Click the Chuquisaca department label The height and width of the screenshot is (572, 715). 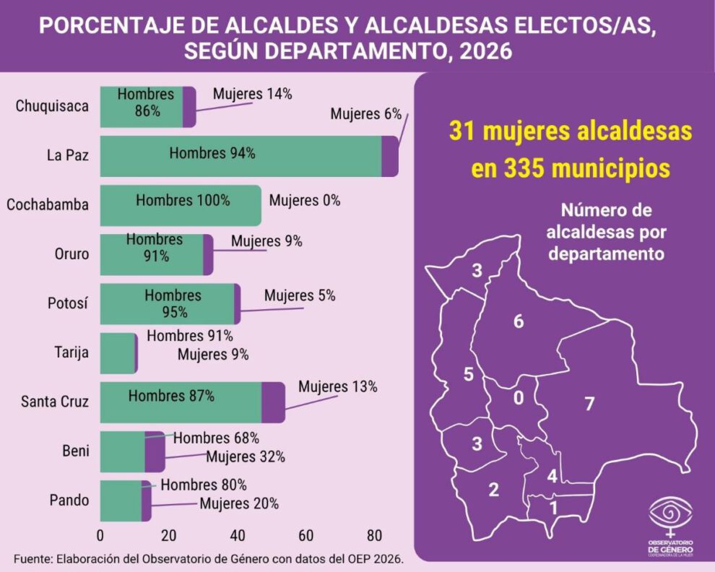pos(52,106)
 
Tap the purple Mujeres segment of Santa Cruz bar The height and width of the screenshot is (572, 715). pos(273,402)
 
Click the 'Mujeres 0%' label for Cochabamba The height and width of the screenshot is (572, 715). pos(304,201)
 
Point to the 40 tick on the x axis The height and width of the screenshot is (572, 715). pos(236,536)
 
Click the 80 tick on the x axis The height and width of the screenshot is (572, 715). pos(373,536)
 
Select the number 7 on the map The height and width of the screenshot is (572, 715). pos(589,404)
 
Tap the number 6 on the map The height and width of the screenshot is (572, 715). pos(518,322)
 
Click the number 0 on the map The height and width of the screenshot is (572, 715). pos(517,399)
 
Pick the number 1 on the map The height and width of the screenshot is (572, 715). pos(553,508)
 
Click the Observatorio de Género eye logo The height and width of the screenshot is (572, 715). pos(671,514)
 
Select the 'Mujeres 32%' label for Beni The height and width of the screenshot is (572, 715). pos(245,456)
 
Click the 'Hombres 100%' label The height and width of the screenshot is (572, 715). pos(183,201)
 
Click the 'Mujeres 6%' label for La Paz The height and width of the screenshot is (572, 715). pos(365,114)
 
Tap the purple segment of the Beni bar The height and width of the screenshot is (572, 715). pos(155,451)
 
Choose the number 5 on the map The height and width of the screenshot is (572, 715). pos(468,374)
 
